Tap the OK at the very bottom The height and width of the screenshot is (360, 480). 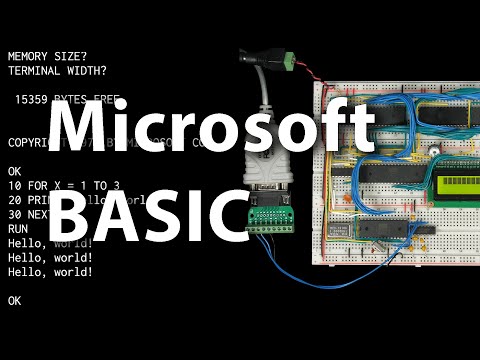point(14,300)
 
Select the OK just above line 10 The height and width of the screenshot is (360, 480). point(14,172)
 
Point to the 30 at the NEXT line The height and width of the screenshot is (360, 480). point(14,215)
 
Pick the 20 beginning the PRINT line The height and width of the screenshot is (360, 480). point(14,200)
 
